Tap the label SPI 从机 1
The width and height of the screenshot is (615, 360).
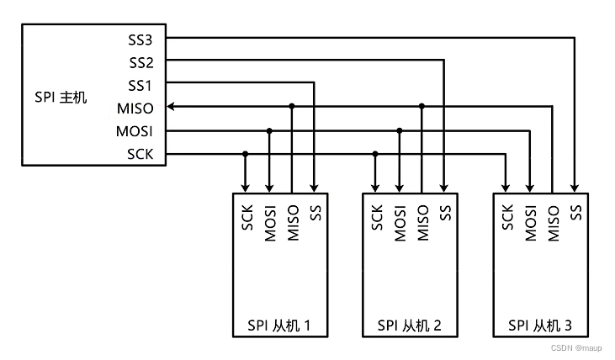pyautogui.click(x=280, y=325)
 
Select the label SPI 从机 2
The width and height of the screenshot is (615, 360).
pyautogui.click(x=410, y=325)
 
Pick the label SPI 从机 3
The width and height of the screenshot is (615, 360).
pyautogui.click(x=540, y=325)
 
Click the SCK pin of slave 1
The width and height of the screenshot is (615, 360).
pyautogui.click(x=246, y=219)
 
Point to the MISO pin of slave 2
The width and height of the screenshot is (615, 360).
pyautogui.click(x=422, y=223)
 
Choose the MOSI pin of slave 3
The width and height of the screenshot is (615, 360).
pyautogui.click(x=529, y=223)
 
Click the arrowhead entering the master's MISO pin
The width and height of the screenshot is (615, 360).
pyautogui.click(x=171, y=107)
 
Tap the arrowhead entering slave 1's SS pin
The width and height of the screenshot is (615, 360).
pyautogui.click(x=315, y=187)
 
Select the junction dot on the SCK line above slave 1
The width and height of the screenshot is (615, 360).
pyautogui.click(x=246, y=153)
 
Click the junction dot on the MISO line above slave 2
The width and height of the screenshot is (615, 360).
pyautogui.click(x=422, y=107)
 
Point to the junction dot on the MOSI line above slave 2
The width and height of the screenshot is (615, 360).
pyautogui.click(x=400, y=130)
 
